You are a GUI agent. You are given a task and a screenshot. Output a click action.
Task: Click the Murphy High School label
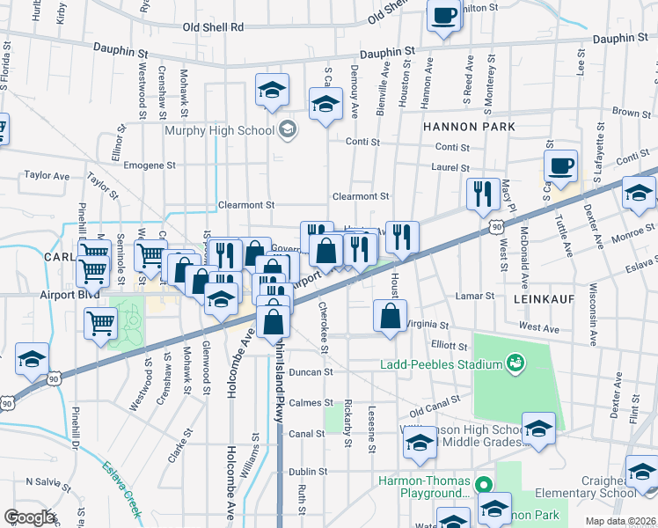tap(218, 131)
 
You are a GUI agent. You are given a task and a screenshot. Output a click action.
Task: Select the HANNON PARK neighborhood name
tap(469, 127)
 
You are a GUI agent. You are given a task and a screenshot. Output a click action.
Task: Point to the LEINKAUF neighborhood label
tap(540, 299)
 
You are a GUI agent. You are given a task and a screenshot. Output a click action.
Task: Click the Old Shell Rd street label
tap(213, 27)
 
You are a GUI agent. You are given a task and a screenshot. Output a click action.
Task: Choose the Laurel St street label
tap(450, 167)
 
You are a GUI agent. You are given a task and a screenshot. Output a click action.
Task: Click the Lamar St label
tap(475, 297)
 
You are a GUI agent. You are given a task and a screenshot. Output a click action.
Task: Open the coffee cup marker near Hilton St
tap(445, 15)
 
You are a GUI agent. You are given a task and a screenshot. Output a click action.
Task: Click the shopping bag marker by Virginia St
tap(390, 315)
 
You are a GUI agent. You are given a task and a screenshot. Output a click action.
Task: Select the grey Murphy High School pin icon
tap(287, 131)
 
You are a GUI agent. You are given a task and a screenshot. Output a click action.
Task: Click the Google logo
tap(30, 517)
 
